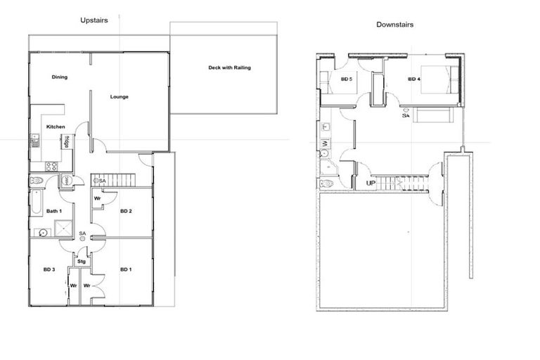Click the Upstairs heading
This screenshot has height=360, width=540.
(x=94, y=21)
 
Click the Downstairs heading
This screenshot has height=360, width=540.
(x=394, y=25)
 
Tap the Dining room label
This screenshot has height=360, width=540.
(x=59, y=77)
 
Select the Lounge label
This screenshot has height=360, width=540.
(x=119, y=96)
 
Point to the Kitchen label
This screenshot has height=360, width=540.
(x=56, y=127)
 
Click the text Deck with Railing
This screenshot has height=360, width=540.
(x=229, y=68)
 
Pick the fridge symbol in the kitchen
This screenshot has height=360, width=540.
(x=66, y=141)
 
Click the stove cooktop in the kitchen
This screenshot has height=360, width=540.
(x=51, y=167)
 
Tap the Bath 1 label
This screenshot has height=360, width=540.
(x=54, y=211)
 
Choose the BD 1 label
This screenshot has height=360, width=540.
(x=126, y=269)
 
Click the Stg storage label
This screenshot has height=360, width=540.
(x=82, y=262)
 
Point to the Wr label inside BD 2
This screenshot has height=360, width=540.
(x=97, y=199)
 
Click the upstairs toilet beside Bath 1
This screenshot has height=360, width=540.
(x=37, y=181)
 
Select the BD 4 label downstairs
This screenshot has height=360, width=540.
(x=413, y=79)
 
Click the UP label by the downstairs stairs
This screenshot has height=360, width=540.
(x=370, y=184)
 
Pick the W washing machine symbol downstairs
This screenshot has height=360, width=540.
(x=326, y=144)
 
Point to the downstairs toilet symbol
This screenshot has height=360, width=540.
(x=326, y=184)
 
